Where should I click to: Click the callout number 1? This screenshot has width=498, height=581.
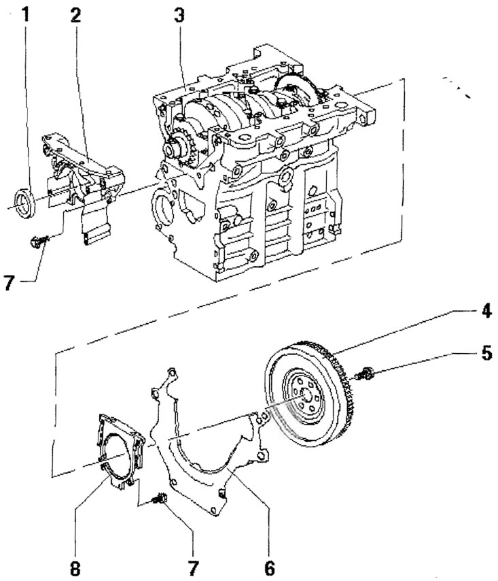(26, 14)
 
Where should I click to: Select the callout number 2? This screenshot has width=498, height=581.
(75, 14)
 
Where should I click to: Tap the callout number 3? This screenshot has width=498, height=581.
(179, 14)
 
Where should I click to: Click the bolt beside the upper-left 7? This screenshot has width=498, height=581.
(38, 240)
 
